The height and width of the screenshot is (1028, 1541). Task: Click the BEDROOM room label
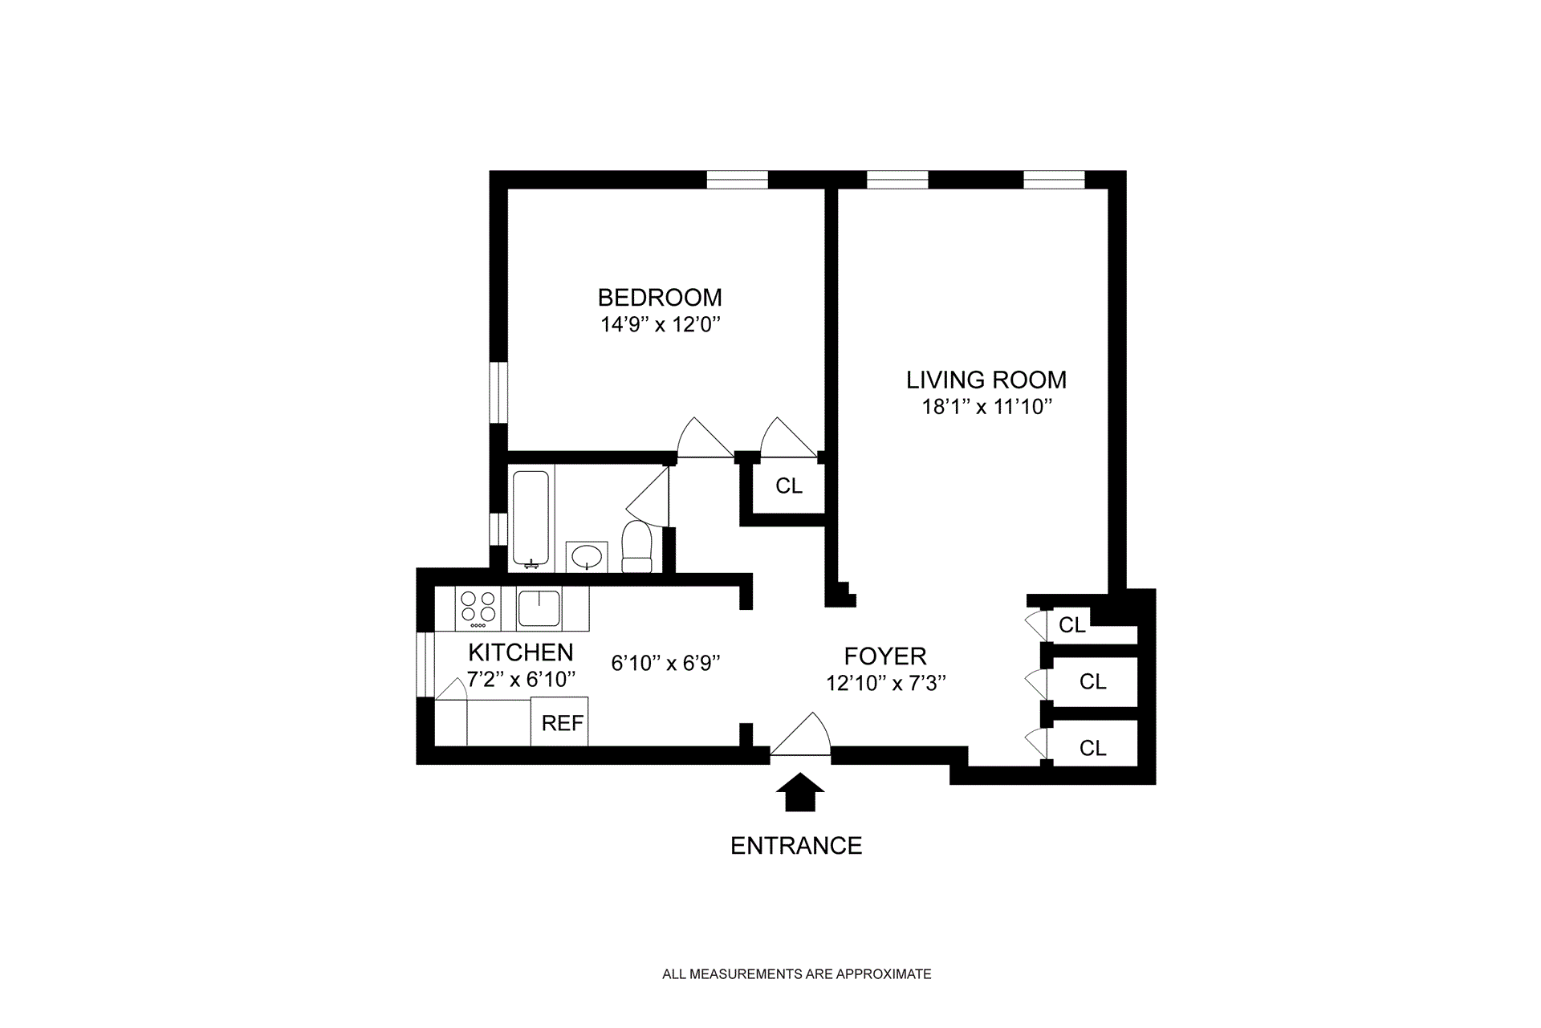coord(660,298)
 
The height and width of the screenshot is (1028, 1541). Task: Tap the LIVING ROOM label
coord(986,380)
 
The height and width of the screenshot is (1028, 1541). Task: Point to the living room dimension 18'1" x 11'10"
coord(986,407)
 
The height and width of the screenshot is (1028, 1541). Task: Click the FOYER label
coord(885,656)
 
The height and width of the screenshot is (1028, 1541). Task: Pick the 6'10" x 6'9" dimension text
coord(665,664)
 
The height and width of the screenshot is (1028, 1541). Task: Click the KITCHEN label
coord(520,652)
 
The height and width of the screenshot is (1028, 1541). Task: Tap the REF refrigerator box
coord(562,723)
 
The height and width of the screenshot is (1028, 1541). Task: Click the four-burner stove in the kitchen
coord(477,609)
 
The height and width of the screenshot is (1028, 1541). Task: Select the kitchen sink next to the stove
coord(539,607)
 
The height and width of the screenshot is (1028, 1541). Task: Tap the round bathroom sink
coord(588,556)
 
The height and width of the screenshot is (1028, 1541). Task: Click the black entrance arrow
coord(799,793)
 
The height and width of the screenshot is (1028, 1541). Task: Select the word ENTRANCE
coord(796,846)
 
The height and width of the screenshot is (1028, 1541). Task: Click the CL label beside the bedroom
coord(789,486)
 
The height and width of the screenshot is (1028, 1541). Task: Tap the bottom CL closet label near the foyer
coord(1092,749)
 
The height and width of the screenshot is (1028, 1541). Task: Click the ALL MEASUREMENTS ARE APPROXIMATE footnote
coord(796,974)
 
